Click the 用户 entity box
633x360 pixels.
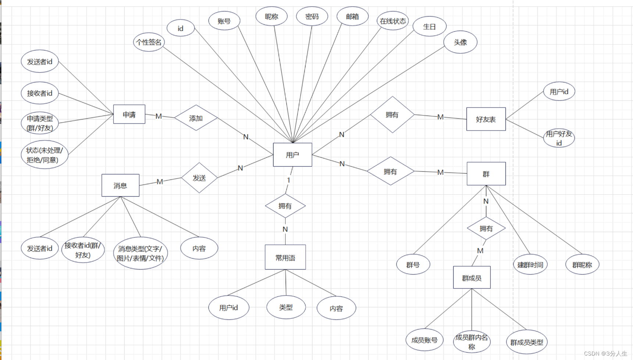[292, 155]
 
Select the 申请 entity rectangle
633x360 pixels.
[129, 114]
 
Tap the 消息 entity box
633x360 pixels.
[120, 185]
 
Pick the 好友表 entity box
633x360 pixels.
[486, 119]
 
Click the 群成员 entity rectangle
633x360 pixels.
[472, 278]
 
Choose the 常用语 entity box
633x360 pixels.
[285, 257]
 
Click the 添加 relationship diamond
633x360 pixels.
[196, 118]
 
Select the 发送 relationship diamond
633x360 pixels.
[199, 178]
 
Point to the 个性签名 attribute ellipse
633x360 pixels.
[149, 42]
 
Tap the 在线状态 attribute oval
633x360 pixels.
[393, 21]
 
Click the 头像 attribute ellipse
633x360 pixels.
[460, 42]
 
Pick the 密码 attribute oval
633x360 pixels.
[312, 17]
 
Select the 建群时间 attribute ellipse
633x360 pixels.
[530, 265]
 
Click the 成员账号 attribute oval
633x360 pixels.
[424, 340]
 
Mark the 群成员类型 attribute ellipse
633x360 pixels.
[526, 342]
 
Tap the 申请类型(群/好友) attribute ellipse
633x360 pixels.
[40, 123]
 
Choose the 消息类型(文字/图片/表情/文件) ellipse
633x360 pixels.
[140, 253]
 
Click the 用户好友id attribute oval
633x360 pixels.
[559, 138]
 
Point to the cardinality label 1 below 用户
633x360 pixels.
[289, 180]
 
